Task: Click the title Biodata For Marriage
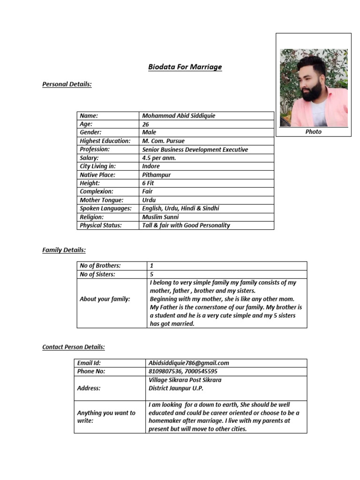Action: point(185,67)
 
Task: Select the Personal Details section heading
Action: point(67,84)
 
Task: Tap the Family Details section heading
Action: point(64,250)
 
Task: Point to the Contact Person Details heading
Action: point(74,347)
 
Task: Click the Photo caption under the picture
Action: point(313,132)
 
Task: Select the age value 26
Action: point(146,124)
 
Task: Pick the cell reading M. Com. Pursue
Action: point(163,141)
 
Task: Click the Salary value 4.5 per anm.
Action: point(160,158)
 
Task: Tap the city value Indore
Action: point(151,166)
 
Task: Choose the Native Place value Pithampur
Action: point(157,175)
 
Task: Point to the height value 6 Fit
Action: point(149,183)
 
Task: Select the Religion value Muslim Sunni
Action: point(160,217)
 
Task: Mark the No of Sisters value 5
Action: point(151,274)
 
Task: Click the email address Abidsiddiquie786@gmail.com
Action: point(188,363)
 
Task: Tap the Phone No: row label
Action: point(91,371)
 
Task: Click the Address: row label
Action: point(89,388)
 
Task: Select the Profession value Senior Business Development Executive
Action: point(195,150)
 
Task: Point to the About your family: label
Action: point(105,299)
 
